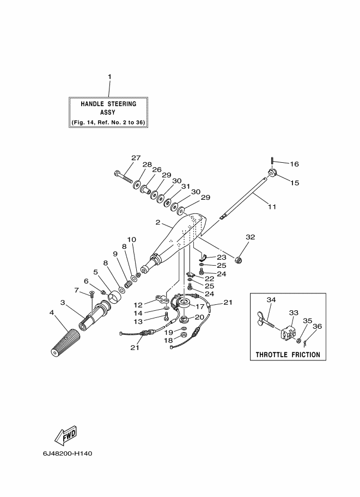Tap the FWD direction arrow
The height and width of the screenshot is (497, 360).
[x=66, y=435]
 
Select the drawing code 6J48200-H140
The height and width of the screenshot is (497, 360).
[x=68, y=453]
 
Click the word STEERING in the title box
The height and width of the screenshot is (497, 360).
[x=122, y=104]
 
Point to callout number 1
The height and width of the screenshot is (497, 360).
[x=110, y=77]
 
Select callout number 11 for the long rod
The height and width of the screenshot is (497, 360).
[x=272, y=207]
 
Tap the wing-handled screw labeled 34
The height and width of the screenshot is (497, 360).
[x=266, y=321]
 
